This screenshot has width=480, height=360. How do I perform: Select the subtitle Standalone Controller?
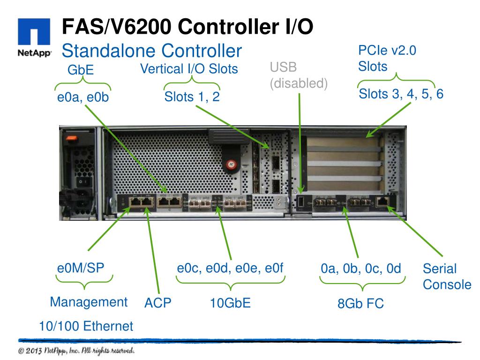[x=152, y=50]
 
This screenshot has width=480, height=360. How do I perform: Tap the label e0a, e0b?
[x=82, y=97]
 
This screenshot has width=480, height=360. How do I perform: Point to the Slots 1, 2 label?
[x=192, y=97]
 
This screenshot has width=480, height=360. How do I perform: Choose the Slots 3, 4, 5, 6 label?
[x=401, y=94]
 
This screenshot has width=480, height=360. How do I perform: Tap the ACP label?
[x=158, y=303]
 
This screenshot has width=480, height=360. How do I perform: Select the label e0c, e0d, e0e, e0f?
[x=231, y=268]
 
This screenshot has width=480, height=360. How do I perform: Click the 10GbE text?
[x=230, y=303]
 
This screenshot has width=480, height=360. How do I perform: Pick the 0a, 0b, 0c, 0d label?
[x=361, y=269]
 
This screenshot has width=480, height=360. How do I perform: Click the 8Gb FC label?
[x=360, y=304]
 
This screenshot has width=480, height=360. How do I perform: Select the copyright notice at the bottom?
[x=77, y=351]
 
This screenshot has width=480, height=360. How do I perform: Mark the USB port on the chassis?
[x=301, y=202]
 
